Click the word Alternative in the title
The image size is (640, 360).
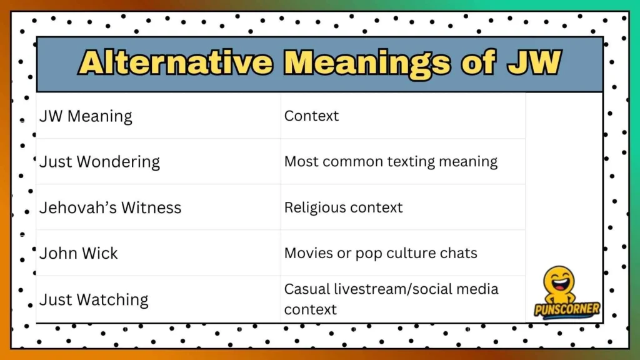176,62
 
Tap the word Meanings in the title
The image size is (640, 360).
367,63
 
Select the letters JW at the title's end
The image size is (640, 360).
534,62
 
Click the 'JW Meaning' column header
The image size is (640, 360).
86,116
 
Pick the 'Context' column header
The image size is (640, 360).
311,116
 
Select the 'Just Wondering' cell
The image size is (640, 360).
99,162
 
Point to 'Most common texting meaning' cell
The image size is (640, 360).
391,162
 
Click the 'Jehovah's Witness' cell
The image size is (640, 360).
110,207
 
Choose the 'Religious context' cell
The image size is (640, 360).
343,207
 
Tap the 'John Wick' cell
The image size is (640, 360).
78,253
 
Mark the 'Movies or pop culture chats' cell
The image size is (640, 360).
381,253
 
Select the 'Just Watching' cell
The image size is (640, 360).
94,299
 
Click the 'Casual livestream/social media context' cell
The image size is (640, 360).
391,299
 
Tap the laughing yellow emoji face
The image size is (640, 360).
559,281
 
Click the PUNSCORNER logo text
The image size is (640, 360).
567,310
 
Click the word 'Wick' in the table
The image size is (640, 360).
99,253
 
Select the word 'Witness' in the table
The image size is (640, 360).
151,207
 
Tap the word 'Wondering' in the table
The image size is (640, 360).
118,162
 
